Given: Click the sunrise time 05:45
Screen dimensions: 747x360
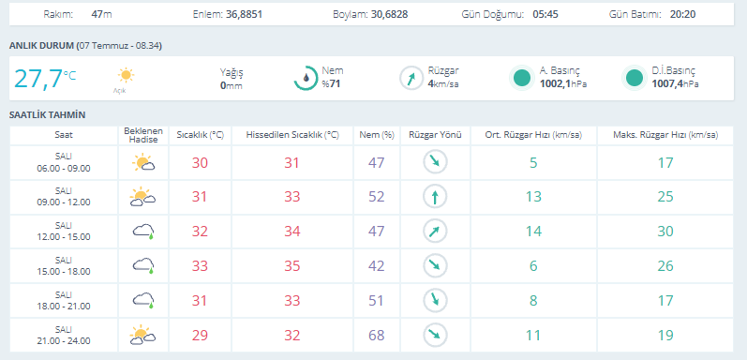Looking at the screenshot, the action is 545,14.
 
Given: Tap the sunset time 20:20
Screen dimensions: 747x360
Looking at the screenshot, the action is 682,14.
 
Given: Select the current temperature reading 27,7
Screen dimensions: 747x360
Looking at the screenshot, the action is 38,79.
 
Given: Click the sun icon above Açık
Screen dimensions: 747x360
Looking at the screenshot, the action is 126,75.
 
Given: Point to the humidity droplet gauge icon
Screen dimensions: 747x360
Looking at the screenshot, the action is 306,78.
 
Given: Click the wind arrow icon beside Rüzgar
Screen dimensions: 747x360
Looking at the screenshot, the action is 411,78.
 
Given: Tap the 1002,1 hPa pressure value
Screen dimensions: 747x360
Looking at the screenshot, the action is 563,84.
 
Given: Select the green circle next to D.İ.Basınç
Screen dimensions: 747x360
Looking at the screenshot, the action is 635,78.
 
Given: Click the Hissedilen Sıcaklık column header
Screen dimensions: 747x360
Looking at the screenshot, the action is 292,135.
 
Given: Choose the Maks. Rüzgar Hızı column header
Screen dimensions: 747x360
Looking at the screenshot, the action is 665,135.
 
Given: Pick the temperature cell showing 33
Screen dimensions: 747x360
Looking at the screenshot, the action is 200,266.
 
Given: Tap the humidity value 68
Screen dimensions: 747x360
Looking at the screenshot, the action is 377,336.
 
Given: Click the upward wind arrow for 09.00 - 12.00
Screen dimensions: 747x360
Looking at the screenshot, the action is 435,197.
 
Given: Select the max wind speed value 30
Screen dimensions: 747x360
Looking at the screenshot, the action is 665,232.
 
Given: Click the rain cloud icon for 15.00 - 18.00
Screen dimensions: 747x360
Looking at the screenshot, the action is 143,265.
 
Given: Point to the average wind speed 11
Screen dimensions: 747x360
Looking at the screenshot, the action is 533,336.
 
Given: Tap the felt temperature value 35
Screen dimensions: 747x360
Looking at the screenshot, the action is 292,266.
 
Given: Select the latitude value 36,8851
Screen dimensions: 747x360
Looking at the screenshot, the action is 243,14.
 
